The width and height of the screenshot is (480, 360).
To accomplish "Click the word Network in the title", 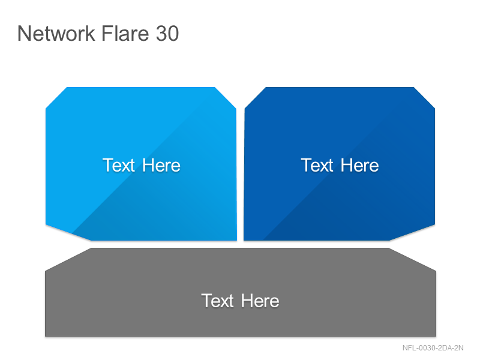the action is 56,33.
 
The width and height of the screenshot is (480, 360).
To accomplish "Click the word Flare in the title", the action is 125,33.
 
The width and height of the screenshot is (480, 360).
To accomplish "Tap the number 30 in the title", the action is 167,34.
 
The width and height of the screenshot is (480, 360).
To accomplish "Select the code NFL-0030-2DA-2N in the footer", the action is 433,348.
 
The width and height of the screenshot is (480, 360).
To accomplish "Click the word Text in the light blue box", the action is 118,166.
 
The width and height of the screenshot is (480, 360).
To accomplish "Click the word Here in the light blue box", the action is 161,166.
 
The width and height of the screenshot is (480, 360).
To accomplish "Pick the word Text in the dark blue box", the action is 317,166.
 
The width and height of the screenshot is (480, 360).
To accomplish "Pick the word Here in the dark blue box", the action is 359,166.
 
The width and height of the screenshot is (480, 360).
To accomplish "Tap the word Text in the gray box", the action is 218,301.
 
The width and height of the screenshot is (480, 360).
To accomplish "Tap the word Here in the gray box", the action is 260,301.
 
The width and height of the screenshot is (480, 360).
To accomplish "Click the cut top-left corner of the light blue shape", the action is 56,98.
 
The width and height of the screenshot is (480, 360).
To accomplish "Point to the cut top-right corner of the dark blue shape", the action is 424,98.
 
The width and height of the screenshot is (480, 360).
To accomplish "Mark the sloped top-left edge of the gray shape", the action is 68,260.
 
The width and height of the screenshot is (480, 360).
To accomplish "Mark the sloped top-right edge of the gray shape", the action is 412,260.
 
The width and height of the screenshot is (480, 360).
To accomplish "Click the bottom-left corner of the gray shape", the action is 46,336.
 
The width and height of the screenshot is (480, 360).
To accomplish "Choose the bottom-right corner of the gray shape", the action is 436,336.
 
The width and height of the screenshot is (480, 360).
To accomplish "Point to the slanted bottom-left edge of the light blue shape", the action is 68,233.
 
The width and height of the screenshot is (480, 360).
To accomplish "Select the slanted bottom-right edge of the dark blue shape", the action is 412,233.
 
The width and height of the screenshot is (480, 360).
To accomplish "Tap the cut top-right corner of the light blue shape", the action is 226,98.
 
